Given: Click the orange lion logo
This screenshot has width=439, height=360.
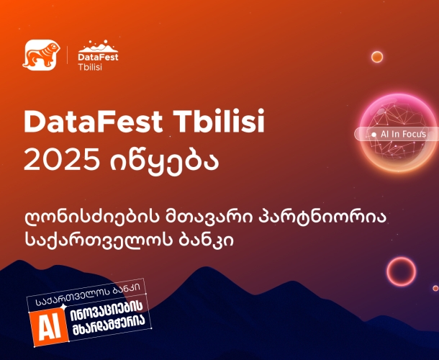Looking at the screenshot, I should coord(39,56).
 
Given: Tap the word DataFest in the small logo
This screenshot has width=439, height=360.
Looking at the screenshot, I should coord(97,55).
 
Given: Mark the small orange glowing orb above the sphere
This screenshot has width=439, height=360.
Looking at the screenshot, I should coord(376,57).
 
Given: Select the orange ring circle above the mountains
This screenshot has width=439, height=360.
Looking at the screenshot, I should coord(400,272).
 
